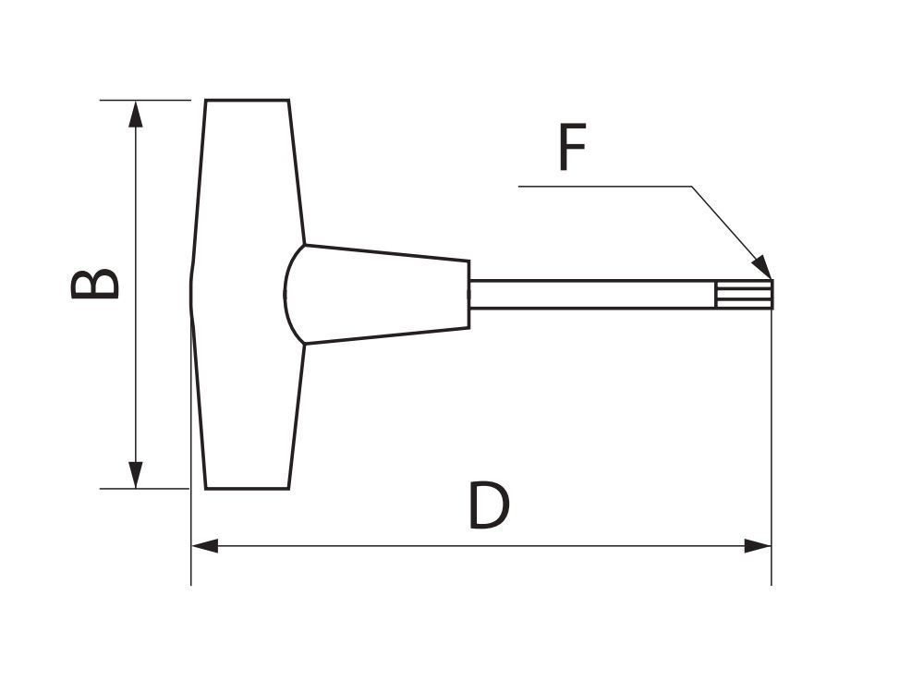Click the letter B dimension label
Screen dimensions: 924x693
coord(95,284)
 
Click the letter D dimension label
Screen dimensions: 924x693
coord(488,505)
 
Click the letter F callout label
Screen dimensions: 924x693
coord(572,146)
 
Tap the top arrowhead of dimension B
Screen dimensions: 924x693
coord(136,114)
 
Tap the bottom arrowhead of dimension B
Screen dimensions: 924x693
coord(136,475)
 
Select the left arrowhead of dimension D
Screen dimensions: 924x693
coord(205,546)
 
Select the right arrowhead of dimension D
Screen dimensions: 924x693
coord(758,546)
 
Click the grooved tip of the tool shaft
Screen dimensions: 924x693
coord(744,294)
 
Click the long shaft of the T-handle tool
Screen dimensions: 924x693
coord(592,294)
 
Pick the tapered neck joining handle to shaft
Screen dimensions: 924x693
coord(377,294)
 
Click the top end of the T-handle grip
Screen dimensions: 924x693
coord(247,100)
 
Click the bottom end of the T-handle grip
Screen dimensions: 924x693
coord(247,489)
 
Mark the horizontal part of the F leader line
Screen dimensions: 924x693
coord(605,187)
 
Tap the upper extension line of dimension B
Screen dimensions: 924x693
coord(145,100)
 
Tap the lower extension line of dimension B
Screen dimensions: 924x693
coord(144,489)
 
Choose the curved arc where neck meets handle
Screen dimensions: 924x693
coord(294,294)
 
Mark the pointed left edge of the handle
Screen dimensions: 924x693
coord(191,294)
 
